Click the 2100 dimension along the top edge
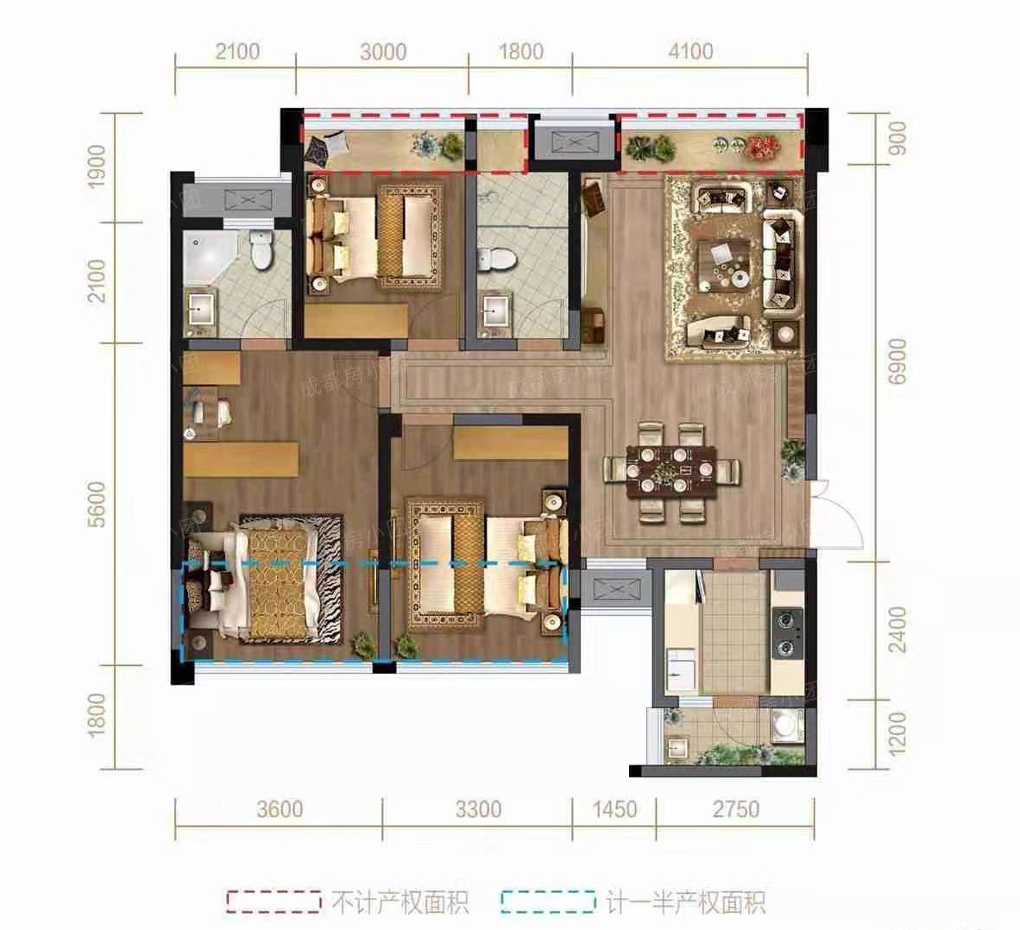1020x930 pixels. (x=236, y=52)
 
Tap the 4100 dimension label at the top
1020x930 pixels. (x=690, y=52)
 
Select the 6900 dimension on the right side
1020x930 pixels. (x=897, y=362)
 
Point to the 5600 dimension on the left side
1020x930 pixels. (x=96, y=505)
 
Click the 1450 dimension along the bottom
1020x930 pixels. (x=614, y=809)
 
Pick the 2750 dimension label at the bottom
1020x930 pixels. (x=735, y=809)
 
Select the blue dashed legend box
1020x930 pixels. (x=547, y=902)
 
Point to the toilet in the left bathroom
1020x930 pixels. (x=259, y=250)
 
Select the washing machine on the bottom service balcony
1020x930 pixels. (x=788, y=726)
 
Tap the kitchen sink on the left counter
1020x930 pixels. (x=682, y=671)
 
